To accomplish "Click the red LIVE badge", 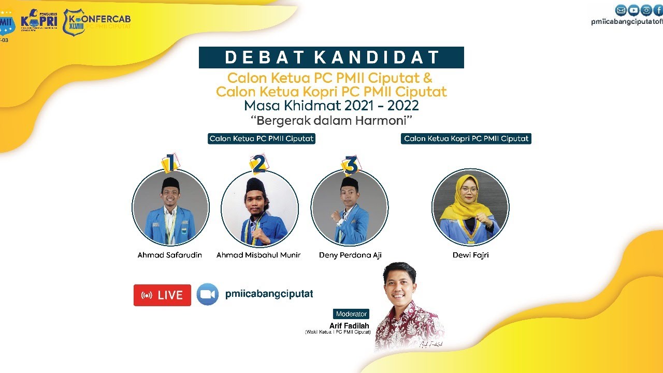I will [162, 295].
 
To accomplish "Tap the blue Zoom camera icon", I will [207, 294].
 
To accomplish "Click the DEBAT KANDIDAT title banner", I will [331, 58].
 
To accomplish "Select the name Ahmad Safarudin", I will [169, 255].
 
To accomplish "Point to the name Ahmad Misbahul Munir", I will [258, 255].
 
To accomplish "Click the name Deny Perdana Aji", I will [350, 255].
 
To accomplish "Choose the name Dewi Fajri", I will [470, 255].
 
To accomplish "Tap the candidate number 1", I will [169, 163].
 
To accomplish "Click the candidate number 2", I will [258, 163].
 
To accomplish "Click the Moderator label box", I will [351, 314].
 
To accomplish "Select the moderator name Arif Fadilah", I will [349, 326].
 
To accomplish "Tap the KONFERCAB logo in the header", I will [96, 22].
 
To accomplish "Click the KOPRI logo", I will [39, 22].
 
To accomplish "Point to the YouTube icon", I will [633, 10].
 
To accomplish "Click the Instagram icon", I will [646, 10].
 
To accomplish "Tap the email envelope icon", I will [621, 10].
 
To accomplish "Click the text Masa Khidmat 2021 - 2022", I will [331, 106].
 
